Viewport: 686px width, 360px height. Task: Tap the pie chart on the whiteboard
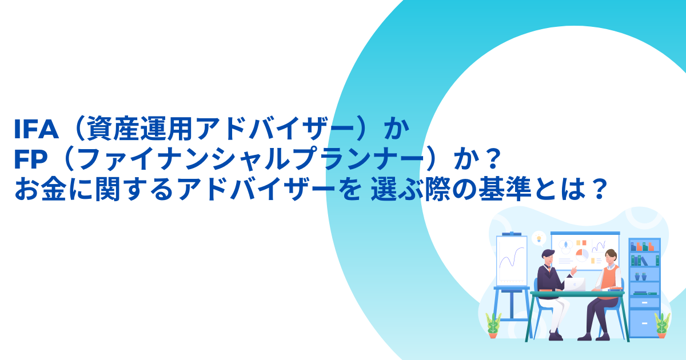(x=581, y=254)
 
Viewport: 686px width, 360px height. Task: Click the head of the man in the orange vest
(x=611, y=257)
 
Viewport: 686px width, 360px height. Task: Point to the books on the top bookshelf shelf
(x=643, y=246)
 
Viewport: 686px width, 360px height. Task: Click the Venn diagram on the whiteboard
(x=567, y=246)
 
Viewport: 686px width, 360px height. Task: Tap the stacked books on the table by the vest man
(x=615, y=290)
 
